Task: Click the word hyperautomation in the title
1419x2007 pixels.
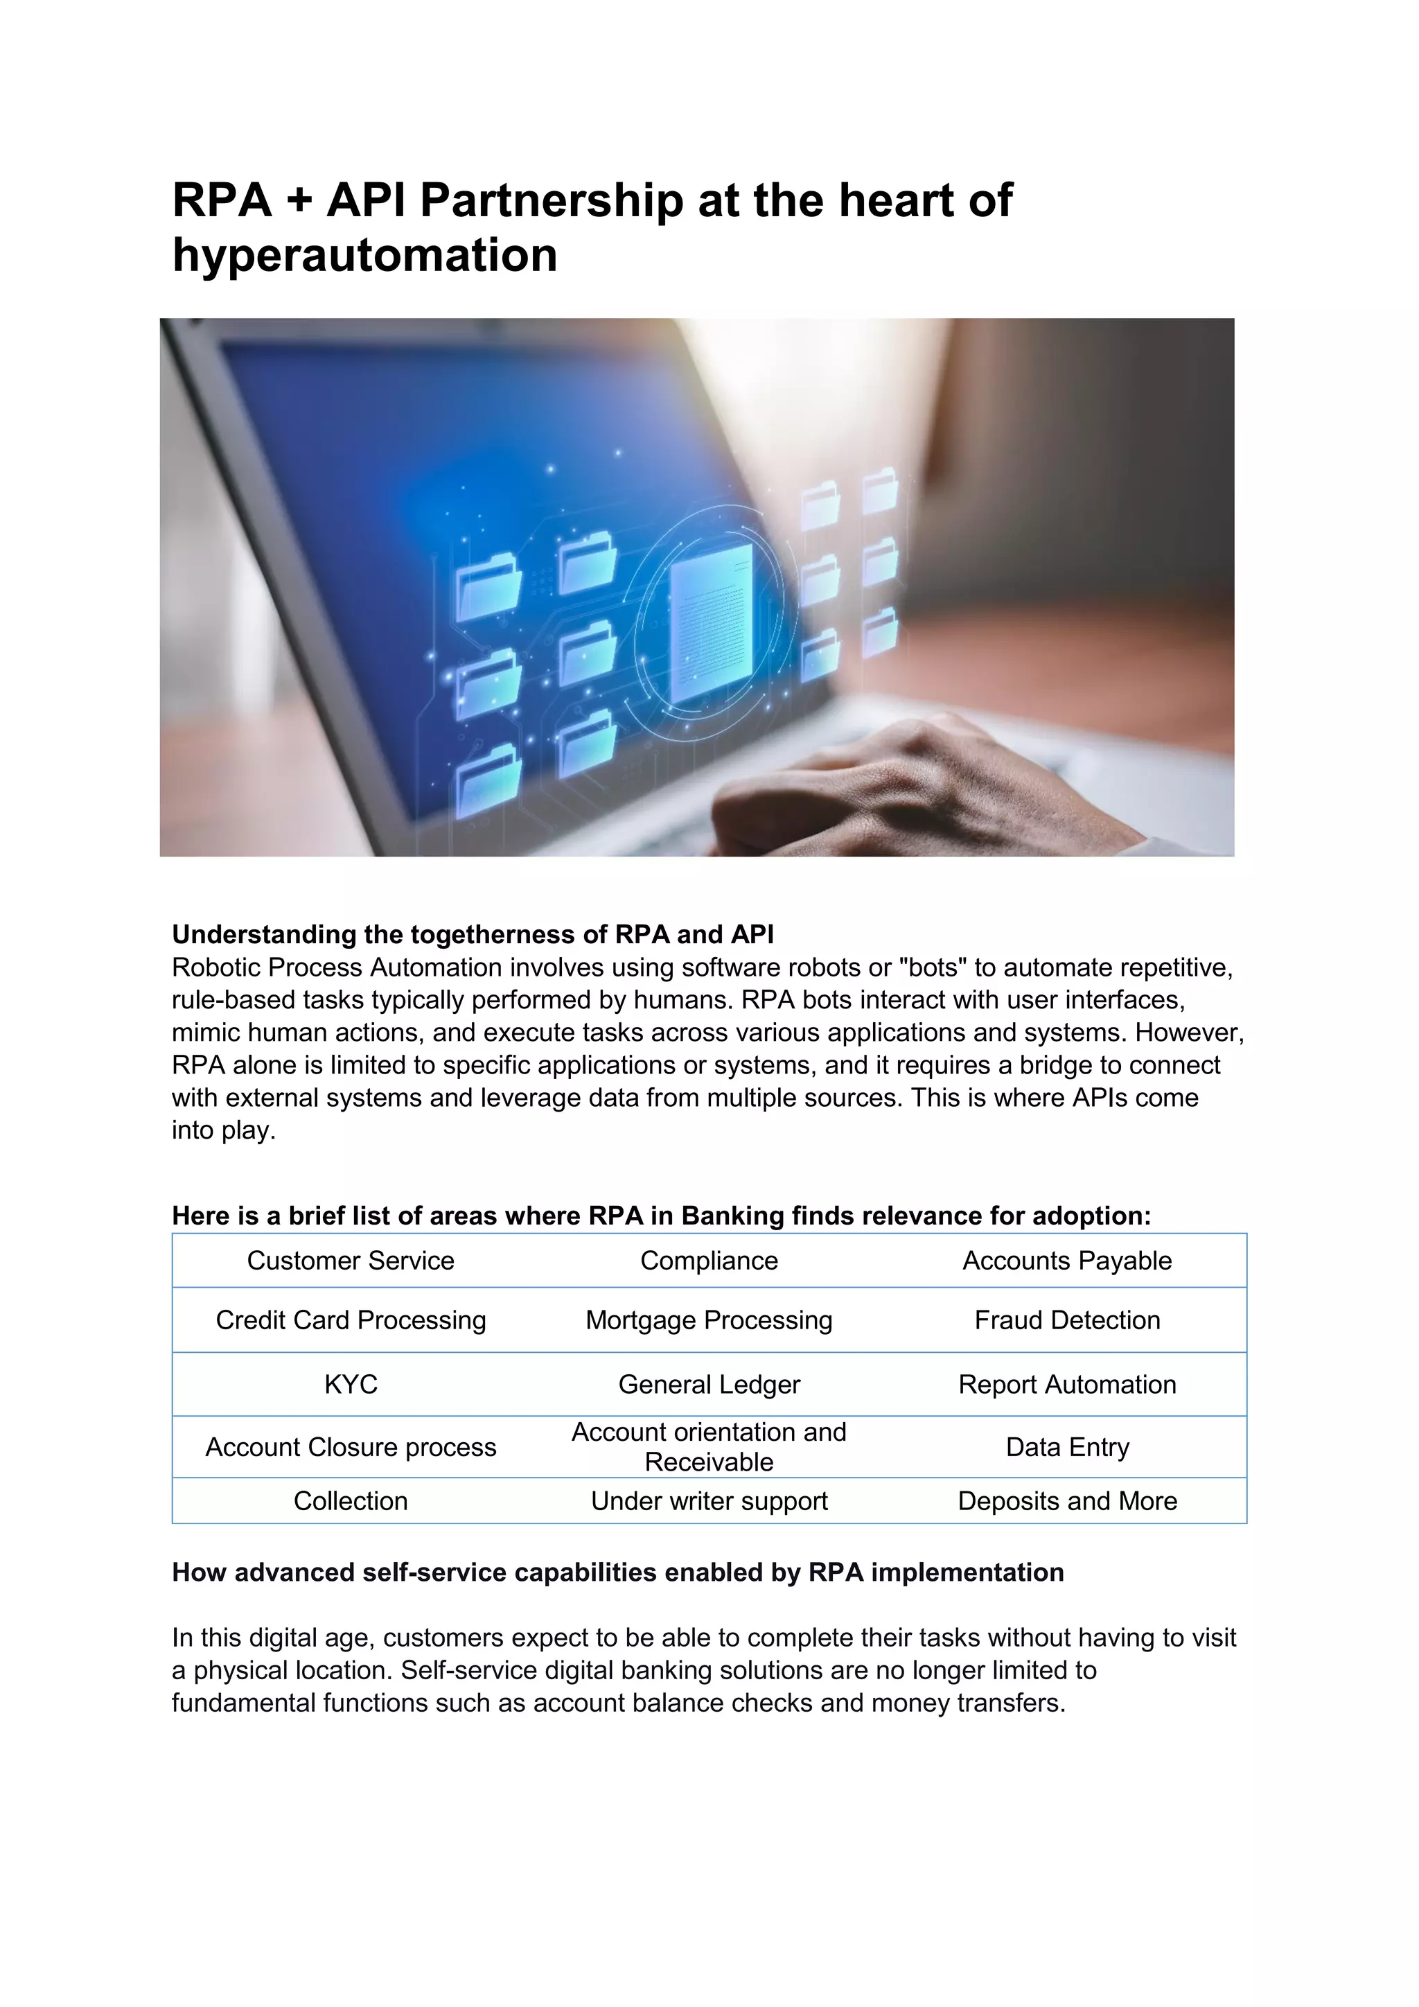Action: point(364,255)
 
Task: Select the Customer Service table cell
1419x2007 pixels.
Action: point(351,1261)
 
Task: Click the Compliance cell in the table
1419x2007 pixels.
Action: point(709,1261)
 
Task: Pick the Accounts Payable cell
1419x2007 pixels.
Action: point(1067,1261)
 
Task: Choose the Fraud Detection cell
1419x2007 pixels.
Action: point(1067,1320)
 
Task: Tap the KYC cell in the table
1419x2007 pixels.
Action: point(351,1385)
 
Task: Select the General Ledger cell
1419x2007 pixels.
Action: point(709,1385)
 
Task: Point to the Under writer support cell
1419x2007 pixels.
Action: point(709,1501)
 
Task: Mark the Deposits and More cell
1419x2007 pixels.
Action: point(1067,1501)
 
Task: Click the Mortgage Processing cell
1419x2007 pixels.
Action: point(709,1320)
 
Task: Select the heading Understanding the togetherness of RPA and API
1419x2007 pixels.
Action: point(473,934)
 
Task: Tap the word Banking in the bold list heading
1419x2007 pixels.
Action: point(732,1216)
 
